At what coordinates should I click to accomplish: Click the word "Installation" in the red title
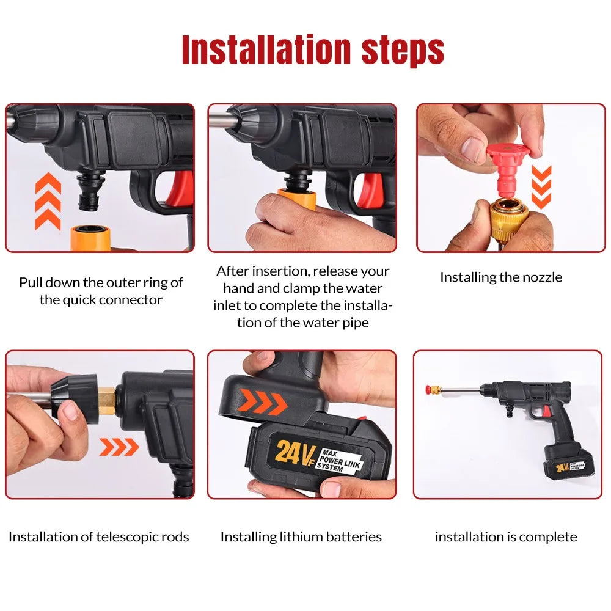pyautogui.click(x=266, y=50)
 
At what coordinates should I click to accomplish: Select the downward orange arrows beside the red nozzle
pyautogui.click(x=541, y=186)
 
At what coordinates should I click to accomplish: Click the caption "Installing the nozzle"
pyautogui.click(x=501, y=277)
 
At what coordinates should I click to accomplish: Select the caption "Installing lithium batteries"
pyautogui.click(x=301, y=536)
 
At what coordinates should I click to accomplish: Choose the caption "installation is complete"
pyautogui.click(x=506, y=536)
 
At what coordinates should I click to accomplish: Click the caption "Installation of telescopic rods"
pyautogui.click(x=99, y=536)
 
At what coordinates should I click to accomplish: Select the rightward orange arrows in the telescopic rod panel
pyautogui.click(x=119, y=447)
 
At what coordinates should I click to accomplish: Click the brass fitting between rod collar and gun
pyautogui.click(x=106, y=401)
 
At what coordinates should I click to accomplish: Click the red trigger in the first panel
pyautogui.click(x=181, y=186)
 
